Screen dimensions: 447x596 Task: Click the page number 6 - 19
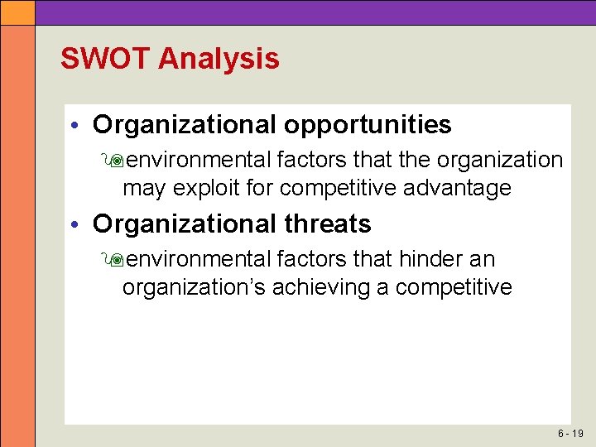570,434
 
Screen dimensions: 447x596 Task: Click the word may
143,189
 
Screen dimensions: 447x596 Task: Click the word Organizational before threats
185,224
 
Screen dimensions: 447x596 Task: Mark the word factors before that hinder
312,259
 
